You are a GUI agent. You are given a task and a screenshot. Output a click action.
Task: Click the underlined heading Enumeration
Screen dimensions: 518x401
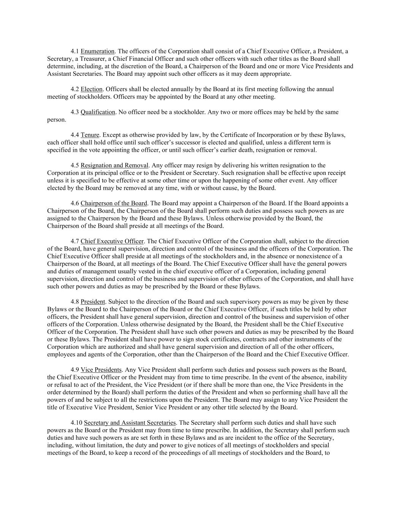tap(97, 51)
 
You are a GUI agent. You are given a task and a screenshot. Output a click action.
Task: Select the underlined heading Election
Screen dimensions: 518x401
tap(91, 89)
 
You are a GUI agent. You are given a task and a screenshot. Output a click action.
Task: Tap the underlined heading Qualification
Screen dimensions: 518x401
tap(98, 112)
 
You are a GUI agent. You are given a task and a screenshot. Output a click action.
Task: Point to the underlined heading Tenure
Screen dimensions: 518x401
tap(90, 135)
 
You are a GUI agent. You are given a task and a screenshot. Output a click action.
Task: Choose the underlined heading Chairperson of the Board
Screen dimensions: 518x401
tap(114, 203)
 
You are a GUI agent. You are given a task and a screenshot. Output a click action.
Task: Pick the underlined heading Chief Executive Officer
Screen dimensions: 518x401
tap(112, 241)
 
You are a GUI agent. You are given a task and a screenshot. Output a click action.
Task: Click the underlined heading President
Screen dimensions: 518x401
tap(93, 302)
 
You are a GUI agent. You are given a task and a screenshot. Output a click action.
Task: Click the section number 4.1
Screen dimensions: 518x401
tap(74, 51)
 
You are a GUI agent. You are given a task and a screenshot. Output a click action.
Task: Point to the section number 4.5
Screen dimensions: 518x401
tap(74, 165)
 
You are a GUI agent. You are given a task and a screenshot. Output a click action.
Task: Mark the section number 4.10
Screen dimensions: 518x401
tap(76, 423)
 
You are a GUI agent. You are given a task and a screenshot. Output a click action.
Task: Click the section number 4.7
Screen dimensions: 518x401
tap(74, 241)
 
